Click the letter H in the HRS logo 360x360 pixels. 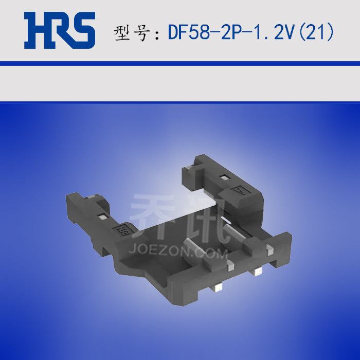click(37, 30)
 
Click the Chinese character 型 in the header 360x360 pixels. click(122, 33)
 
